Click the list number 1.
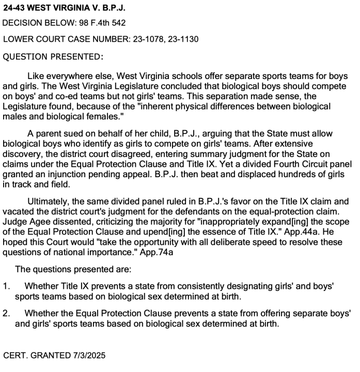pos(6,285)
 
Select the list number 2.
pos(6,313)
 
